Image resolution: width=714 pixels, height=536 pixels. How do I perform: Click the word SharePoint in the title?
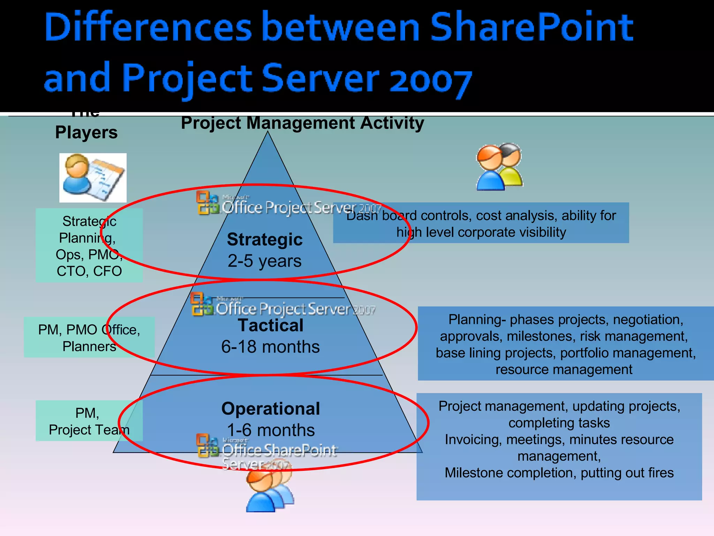pos(531,27)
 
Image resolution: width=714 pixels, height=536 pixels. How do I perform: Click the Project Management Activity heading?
pos(302,123)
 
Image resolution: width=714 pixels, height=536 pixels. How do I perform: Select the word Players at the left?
pos(86,133)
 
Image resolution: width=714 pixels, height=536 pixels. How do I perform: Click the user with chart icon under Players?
pos(93,178)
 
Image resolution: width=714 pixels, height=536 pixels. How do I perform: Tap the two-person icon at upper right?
pos(499,167)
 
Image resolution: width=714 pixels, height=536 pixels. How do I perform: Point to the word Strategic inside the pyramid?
pos(265,239)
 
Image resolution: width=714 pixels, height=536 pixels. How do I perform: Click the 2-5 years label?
pos(265,261)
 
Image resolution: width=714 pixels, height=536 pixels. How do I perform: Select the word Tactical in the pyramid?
pos(271,325)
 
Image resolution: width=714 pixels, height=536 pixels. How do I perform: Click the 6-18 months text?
pos(271,347)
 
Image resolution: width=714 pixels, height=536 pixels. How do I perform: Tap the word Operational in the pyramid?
pos(271,409)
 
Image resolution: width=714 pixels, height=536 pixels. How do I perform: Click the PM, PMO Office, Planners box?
pos(89,337)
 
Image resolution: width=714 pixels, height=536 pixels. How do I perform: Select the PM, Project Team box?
pos(89,421)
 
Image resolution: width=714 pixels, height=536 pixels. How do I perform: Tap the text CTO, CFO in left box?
pos(89,271)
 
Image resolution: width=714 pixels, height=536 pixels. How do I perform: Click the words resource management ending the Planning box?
pos(564,370)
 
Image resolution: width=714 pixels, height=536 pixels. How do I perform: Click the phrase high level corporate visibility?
pos(481,232)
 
